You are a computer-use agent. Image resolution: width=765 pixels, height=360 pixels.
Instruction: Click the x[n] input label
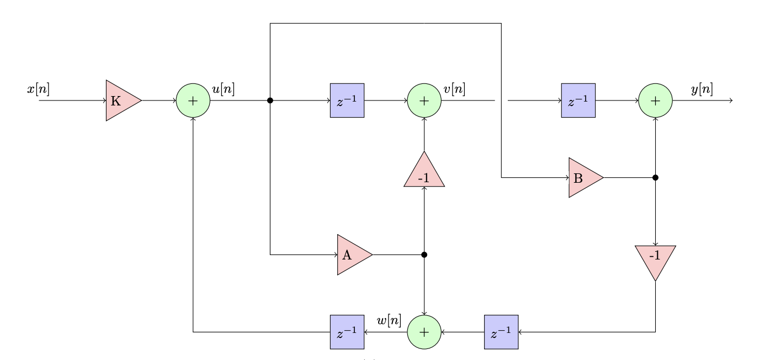pyautogui.click(x=39, y=89)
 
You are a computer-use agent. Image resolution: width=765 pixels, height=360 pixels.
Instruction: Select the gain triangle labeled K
pyautogui.click(x=121, y=100)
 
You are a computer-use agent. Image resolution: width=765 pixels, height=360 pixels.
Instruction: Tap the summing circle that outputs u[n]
pyautogui.click(x=193, y=100)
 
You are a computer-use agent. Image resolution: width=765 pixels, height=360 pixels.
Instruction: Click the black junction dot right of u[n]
pyautogui.click(x=270, y=100)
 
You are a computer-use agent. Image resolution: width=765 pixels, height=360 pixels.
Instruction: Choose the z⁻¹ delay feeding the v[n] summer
pyautogui.click(x=347, y=100)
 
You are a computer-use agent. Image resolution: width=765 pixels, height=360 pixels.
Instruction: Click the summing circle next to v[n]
pyautogui.click(x=424, y=100)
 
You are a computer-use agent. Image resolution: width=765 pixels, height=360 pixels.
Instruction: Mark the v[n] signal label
pyautogui.click(x=454, y=89)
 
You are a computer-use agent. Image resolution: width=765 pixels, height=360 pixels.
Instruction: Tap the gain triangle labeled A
pyautogui.click(x=352, y=255)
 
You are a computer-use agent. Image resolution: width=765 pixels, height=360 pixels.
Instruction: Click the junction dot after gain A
pyautogui.click(x=424, y=255)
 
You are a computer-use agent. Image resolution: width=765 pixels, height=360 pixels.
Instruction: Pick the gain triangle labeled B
pyautogui.click(x=583, y=178)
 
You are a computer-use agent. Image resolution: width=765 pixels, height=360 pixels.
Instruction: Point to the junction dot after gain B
pyautogui.click(x=655, y=178)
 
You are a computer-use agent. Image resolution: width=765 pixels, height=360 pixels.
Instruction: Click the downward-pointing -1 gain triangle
pyautogui.click(x=655, y=260)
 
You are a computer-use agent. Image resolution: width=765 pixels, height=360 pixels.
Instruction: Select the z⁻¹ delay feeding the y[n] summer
pyautogui.click(x=578, y=100)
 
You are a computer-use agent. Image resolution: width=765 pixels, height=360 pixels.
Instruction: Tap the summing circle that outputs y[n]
pyautogui.click(x=655, y=100)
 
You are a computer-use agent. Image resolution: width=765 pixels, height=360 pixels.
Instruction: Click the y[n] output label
pyautogui.click(x=702, y=89)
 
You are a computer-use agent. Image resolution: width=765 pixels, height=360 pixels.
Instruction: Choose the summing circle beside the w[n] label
pyautogui.click(x=424, y=332)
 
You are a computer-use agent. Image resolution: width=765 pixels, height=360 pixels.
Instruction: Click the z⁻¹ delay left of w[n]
pyautogui.click(x=347, y=332)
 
